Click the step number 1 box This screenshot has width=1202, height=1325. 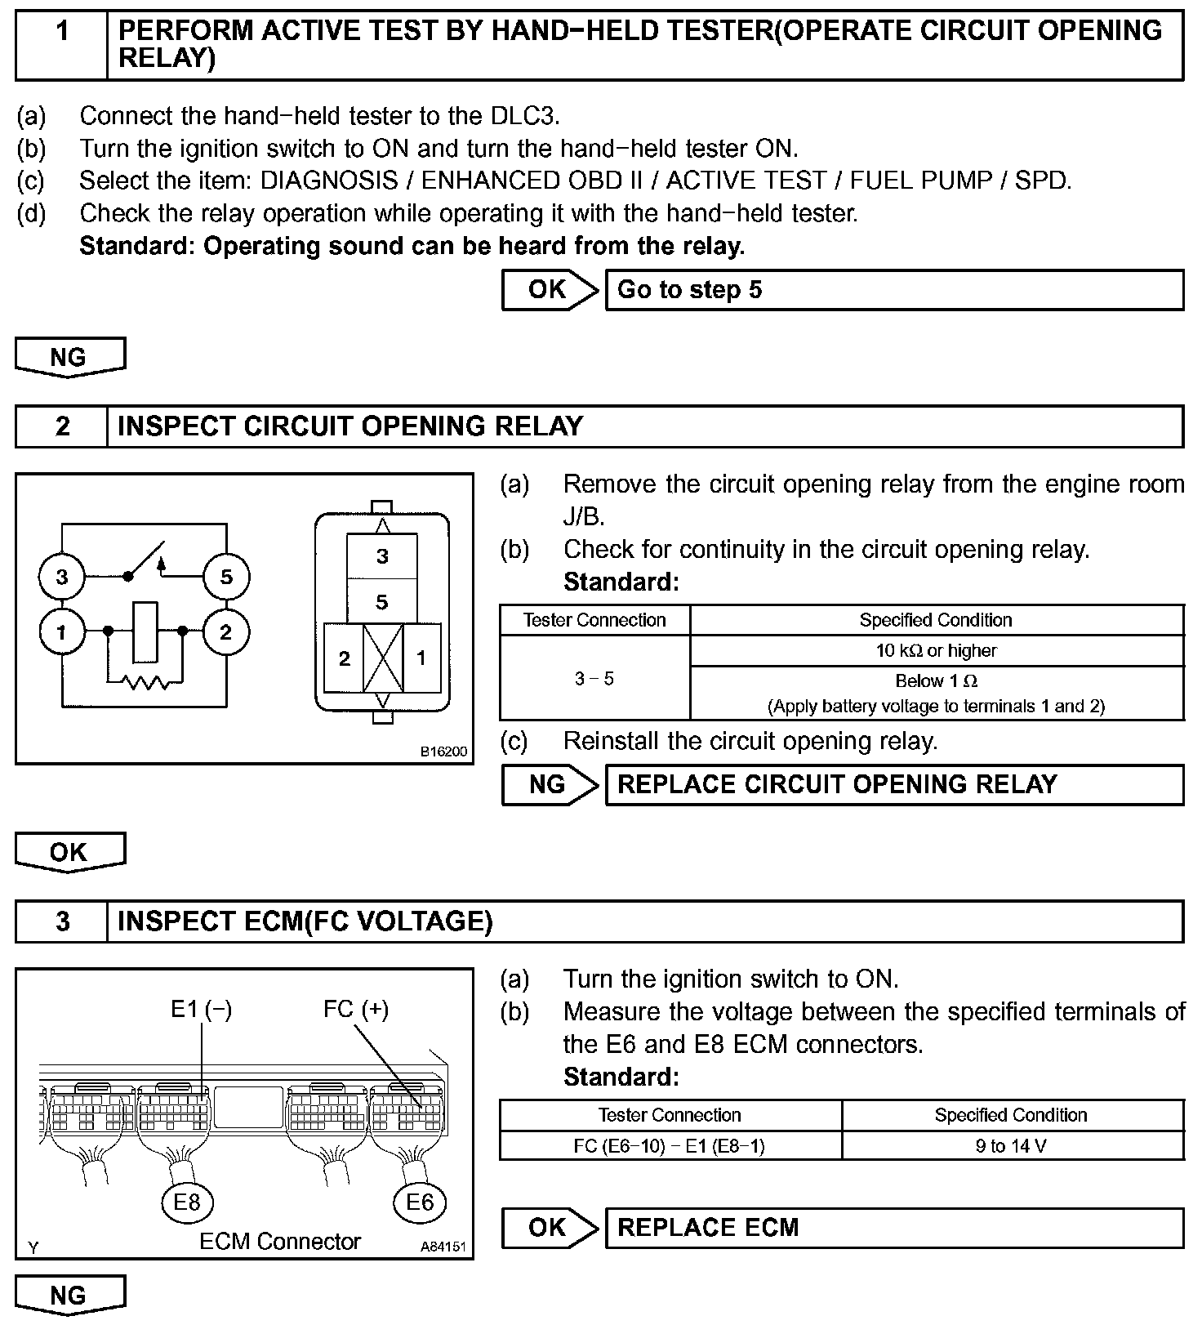(x=62, y=45)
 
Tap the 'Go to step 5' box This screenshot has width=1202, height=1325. (x=893, y=290)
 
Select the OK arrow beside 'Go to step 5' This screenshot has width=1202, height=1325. (x=549, y=290)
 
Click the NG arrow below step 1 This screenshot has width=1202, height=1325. (x=69, y=358)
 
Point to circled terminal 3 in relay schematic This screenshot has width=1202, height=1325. (x=62, y=577)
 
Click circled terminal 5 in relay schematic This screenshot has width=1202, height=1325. (x=226, y=577)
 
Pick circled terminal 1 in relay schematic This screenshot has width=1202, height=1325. (x=62, y=631)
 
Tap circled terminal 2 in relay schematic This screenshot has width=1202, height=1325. (x=226, y=631)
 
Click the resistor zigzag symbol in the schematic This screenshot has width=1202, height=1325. (x=145, y=680)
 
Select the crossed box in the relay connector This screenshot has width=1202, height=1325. (x=383, y=658)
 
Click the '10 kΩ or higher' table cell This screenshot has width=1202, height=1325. (x=937, y=651)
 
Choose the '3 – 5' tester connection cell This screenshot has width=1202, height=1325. (x=594, y=679)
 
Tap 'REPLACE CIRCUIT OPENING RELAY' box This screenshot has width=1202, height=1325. (x=893, y=785)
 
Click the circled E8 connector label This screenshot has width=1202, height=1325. (x=187, y=1202)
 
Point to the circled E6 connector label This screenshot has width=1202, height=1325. (x=420, y=1202)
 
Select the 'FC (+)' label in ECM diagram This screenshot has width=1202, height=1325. (x=356, y=1010)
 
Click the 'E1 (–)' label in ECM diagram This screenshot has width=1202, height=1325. (x=201, y=1010)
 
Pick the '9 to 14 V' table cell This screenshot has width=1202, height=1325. (x=1011, y=1146)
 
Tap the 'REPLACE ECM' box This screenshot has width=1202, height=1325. (x=893, y=1228)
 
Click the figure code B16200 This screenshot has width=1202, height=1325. (x=443, y=752)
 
